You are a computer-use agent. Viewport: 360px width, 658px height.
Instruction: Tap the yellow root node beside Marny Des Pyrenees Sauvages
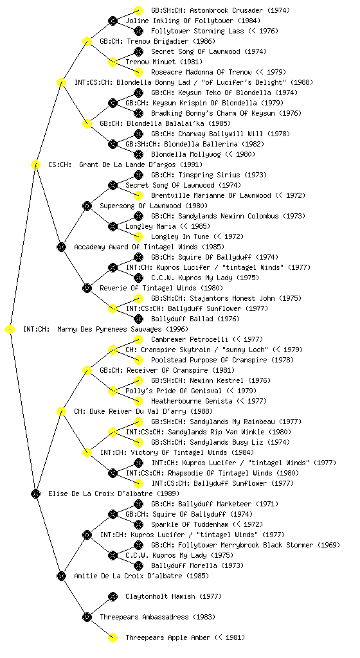pyautogui.click(x=10, y=330)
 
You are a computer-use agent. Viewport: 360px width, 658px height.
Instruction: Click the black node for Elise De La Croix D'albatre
pyautogui.click(x=35, y=494)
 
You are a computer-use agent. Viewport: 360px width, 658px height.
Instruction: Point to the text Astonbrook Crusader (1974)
pyautogui.click(x=221, y=10)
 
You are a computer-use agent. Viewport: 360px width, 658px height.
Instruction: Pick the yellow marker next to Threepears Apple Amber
pyautogui.click(x=113, y=638)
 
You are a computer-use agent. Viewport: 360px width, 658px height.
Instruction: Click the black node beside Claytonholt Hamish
pyautogui.click(x=113, y=597)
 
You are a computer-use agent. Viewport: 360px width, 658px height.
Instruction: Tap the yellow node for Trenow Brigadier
pyautogui.click(x=87, y=41)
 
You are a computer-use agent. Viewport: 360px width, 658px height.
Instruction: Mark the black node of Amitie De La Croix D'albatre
pyautogui.click(x=61, y=576)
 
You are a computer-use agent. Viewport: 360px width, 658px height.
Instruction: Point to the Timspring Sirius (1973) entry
pyautogui.click(x=209, y=175)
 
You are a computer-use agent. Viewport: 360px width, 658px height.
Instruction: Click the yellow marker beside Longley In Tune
pyautogui.click(x=138, y=236)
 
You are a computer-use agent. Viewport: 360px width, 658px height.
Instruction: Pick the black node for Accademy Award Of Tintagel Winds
pyautogui.click(x=61, y=247)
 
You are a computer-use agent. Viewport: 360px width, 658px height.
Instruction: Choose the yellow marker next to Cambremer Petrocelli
pyautogui.click(x=138, y=339)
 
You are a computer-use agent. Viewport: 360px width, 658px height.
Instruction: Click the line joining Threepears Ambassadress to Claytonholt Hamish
pyautogui.click(x=100, y=607)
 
